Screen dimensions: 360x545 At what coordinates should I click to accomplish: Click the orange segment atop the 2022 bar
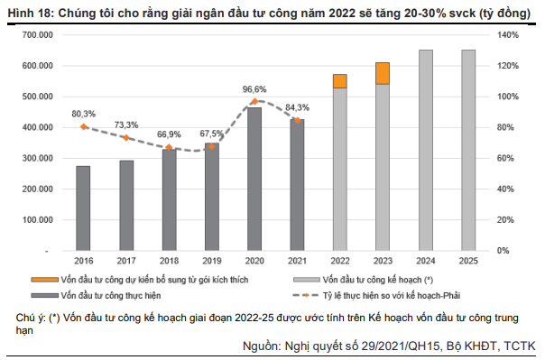coord(339,81)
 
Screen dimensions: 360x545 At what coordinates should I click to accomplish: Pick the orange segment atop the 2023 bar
coord(383,73)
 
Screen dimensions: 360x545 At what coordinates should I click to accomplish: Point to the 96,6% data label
coord(254,89)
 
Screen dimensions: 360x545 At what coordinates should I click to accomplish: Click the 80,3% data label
coord(83,114)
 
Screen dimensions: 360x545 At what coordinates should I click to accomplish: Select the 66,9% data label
coord(169,134)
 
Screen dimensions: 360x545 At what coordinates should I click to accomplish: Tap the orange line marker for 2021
coord(297,119)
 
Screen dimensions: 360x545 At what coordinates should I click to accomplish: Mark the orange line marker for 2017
coord(125,138)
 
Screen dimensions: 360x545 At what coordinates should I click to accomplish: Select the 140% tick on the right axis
coord(505,34)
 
